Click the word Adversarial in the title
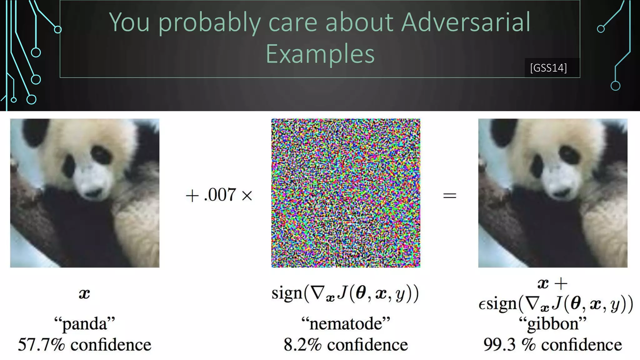click(x=466, y=22)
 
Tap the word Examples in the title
click(x=320, y=54)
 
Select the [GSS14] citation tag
click(x=548, y=68)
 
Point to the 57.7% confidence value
click(x=41, y=345)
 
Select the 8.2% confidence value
click(x=302, y=345)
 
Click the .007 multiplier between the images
click(x=220, y=195)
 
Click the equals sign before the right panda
click(x=450, y=196)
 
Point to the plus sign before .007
click(x=192, y=196)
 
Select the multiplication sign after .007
click(x=247, y=196)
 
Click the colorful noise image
click(x=346, y=193)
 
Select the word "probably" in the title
click(x=209, y=22)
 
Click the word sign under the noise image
click(x=287, y=293)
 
